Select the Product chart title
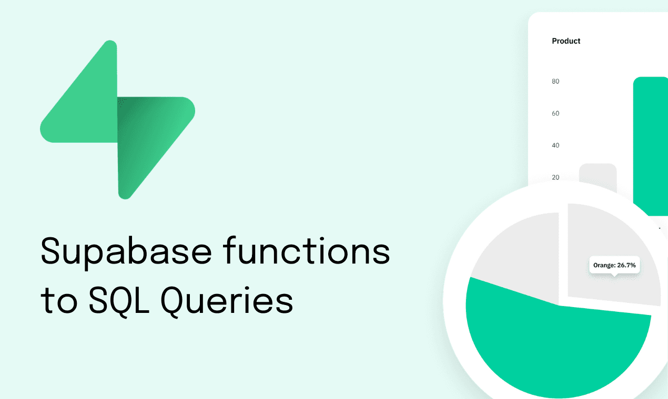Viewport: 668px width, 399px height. coord(566,41)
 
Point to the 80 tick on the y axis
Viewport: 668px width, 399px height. coord(555,81)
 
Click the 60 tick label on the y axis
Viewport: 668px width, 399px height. coord(555,113)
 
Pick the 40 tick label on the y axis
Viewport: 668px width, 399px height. coord(555,145)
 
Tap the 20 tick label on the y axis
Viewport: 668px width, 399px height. coord(555,177)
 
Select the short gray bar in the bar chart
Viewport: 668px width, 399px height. coord(598,173)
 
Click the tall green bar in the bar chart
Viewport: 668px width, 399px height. coord(650,142)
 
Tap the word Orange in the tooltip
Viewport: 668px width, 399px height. coord(604,266)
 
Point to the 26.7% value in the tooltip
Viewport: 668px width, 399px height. coord(626,266)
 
